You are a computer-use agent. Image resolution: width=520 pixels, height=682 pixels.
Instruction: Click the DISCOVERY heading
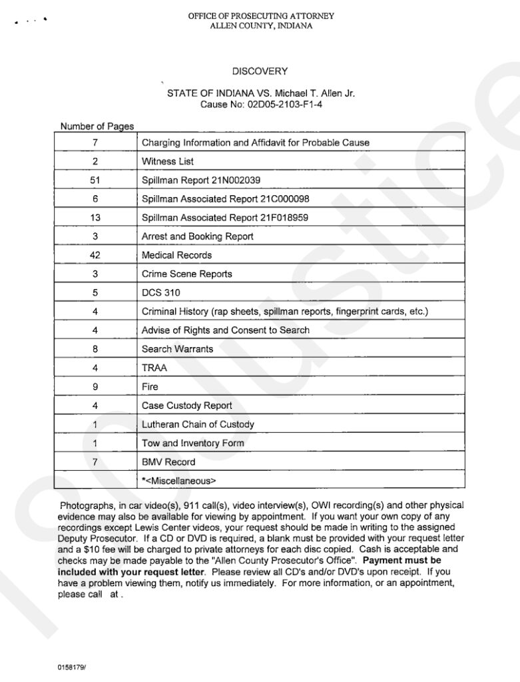(260, 71)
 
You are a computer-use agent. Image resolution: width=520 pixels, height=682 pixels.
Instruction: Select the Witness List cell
(168, 161)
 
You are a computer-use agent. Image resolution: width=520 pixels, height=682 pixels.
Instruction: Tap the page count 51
(95, 180)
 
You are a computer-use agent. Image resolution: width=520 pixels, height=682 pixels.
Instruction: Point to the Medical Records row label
(176, 255)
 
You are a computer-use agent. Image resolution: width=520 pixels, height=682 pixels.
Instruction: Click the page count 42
(95, 255)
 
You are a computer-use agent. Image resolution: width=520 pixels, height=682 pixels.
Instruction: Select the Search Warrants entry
(177, 349)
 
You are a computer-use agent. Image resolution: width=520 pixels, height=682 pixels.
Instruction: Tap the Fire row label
(150, 386)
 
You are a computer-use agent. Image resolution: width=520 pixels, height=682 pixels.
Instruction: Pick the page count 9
(95, 386)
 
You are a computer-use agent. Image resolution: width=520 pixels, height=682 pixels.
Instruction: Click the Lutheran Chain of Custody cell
(198, 424)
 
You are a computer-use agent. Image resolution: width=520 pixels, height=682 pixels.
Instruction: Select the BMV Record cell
(168, 462)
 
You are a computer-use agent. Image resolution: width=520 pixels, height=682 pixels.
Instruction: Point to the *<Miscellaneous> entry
(179, 480)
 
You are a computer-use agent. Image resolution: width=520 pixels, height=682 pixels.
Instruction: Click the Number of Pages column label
(97, 127)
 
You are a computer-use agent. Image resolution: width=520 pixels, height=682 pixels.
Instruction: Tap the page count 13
(95, 217)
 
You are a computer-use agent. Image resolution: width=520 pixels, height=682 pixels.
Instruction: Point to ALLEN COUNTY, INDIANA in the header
(260, 26)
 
